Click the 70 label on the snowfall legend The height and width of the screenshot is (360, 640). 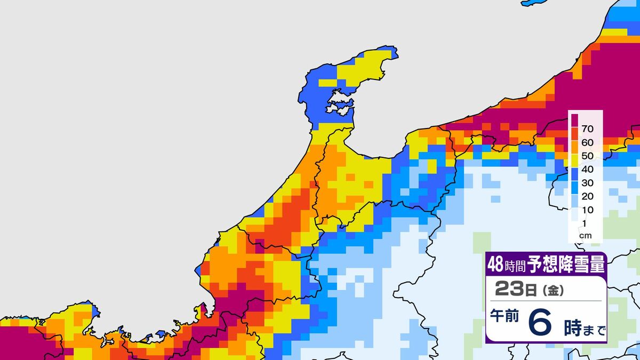(588, 129)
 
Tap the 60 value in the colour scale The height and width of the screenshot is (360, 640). (588, 142)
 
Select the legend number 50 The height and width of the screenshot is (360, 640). (588, 156)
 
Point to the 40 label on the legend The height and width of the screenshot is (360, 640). (588, 169)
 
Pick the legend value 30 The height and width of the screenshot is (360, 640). (588, 182)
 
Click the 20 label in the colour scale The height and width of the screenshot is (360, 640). (588, 196)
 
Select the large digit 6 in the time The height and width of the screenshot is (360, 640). (541, 323)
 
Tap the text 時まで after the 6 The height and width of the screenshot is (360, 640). (585, 330)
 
